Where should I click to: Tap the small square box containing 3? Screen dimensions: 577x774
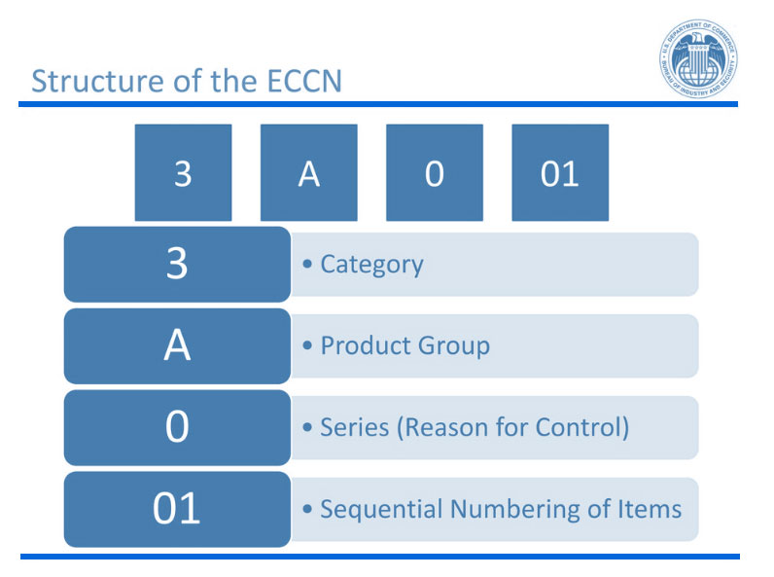click(183, 173)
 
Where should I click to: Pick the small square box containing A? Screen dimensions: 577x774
click(308, 173)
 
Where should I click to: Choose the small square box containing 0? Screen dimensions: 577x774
click(434, 173)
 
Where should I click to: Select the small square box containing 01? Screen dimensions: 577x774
click(559, 173)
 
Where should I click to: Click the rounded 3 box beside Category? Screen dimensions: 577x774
click(177, 265)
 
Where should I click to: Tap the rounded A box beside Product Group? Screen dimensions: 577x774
click(177, 346)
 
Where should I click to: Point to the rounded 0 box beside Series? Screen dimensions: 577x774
click(177, 428)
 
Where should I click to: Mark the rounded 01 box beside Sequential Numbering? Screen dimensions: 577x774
click(177, 510)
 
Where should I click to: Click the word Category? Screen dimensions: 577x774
click(371, 265)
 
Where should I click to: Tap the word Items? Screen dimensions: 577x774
click(651, 510)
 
